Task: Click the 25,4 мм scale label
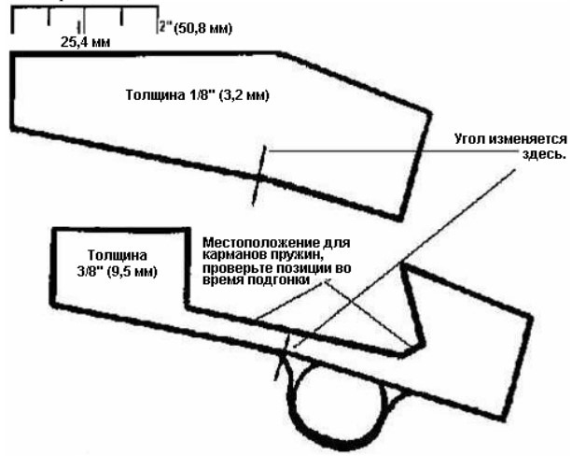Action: tap(85, 42)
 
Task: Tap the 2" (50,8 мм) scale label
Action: tap(196, 28)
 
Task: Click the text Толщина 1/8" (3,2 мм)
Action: tap(198, 95)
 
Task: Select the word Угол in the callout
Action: tap(470, 139)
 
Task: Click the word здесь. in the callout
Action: tap(544, 154)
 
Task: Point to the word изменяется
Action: tap(528, 139)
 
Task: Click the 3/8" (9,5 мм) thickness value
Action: tap(117, 272)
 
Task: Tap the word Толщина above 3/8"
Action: tap(118, 255)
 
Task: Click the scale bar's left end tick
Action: tap(13, 21)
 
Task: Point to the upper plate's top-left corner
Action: tap(13, 55)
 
